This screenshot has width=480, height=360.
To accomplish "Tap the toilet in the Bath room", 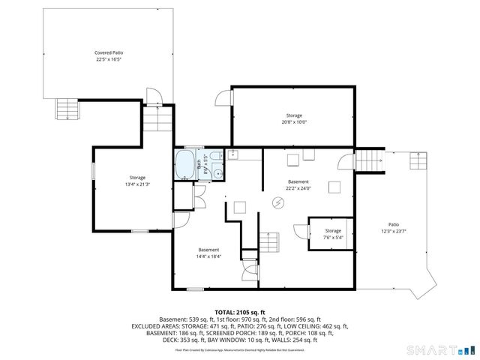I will (x=214, y=157).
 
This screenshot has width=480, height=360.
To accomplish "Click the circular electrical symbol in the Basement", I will (x=278, y=203).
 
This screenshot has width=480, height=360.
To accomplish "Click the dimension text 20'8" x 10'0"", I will (x=295, y=122).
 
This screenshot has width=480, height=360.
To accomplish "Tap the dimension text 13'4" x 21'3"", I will (x=137, y=184).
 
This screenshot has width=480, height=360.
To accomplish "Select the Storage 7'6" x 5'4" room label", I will (x=333, y=234).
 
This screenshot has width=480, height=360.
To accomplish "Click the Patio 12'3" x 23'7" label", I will (x=393, y=227).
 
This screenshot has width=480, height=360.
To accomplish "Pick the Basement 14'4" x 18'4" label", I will (x=208, y=253).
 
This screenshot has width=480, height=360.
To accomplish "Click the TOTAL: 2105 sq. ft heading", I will (x=240, y=312).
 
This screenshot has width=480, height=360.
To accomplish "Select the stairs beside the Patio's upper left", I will (x=365, y=160).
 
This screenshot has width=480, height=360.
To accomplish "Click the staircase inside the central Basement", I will (x=269, y=241).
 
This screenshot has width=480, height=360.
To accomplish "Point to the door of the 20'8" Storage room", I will (x=223, y=98).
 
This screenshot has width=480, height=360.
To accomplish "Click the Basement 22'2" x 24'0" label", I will (x=298, y=185).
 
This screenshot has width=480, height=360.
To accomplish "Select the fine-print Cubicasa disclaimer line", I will (x=240, y=349).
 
